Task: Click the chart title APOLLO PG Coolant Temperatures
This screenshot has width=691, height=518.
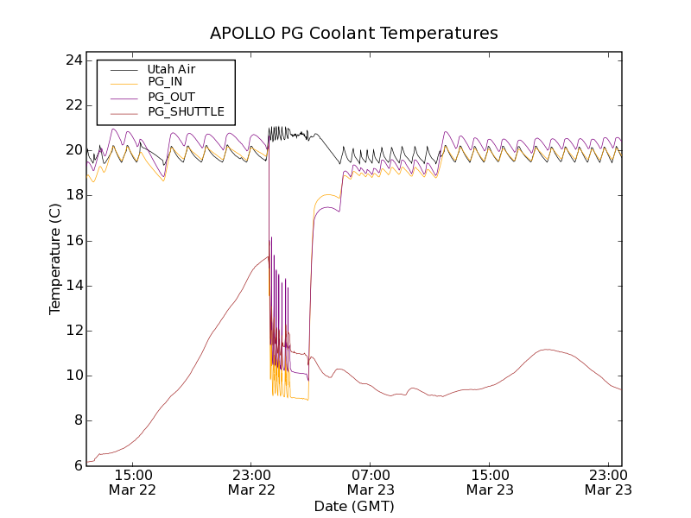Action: click(x=354, y=33)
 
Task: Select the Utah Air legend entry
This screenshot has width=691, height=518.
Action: click(x=171, y=69)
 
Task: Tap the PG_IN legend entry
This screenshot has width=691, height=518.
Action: click(x=165, y=82)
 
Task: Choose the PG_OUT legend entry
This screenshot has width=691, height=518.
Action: click(x=171, y=97)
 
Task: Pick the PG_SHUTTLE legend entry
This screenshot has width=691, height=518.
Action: click(x=186, y=111)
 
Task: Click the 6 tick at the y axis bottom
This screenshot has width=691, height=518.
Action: click(x=77, y=465)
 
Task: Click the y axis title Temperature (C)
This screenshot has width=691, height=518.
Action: click(x=55, y=259)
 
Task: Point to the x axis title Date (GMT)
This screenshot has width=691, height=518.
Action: click(x=354, y=506)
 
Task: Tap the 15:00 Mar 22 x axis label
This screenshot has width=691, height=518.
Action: click(x=133, y=482)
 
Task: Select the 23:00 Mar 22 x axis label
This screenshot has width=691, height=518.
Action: click(x=251, y=482)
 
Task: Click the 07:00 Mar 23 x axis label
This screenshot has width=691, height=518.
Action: click(x=371, y=482)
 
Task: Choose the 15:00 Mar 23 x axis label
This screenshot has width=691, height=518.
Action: click(x=490, y=482)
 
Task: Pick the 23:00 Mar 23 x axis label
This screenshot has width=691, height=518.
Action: click(x=608, y=482)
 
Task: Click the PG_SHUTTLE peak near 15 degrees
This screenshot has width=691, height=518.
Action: click(x=267, y=256)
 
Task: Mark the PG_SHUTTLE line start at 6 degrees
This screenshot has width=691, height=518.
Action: click(x=87, y=462)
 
